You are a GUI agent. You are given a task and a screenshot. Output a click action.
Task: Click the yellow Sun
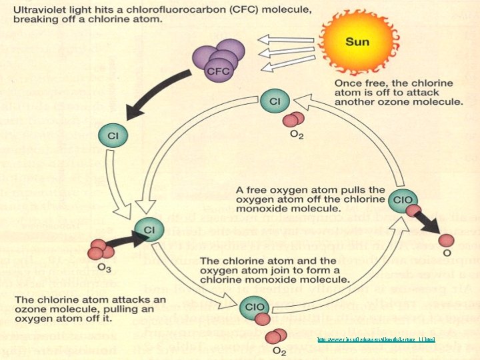[357, 41]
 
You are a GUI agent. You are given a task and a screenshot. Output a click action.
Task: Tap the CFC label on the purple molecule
[219, 70]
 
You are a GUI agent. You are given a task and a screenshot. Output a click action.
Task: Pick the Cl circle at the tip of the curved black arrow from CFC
[113, 137]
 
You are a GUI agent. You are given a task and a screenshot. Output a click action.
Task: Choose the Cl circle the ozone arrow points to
[149, 231]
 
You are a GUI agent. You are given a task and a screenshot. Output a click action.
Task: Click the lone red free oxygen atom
[447, 240]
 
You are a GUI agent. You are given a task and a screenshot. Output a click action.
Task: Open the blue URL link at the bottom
[376, 340]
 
